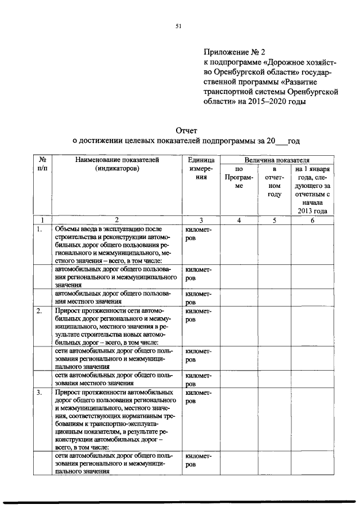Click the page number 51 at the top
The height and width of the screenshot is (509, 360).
(x=178, y=26)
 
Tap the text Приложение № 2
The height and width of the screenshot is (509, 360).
(x=232, y=52)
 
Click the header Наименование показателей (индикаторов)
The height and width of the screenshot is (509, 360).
(x=116, y=164)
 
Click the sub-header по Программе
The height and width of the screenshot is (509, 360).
(x=238, y=177)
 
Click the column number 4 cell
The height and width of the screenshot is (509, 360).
(x=238, y=220)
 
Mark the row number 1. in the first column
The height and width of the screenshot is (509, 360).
(x=40, y=229)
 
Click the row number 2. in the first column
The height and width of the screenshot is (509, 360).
(x=40, y=310)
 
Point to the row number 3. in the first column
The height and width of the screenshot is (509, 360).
(x=40, y=392)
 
